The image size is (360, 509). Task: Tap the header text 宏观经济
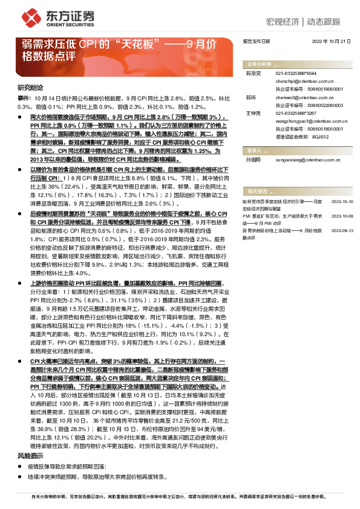tap(283, 22)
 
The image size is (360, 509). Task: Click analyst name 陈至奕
tap(252, 73)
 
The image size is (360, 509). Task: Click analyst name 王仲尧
tap(252, 112)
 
